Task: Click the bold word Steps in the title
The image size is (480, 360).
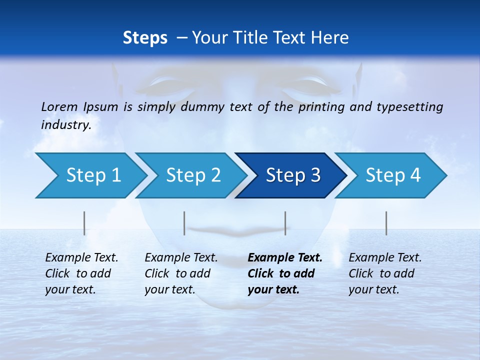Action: [145, 38]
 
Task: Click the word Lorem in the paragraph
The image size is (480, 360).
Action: [58, 106]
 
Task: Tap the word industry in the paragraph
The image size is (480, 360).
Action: [66, 125]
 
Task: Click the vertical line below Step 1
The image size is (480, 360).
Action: [84, 223]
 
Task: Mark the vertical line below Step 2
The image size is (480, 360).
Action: [184, 223]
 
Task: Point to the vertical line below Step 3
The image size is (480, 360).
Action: [285, 223]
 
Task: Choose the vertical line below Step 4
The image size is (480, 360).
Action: [386, 223]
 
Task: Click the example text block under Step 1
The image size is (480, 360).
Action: [81, 273]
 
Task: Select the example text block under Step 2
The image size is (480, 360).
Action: [181, 273]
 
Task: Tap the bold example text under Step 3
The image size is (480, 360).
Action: [285, 273]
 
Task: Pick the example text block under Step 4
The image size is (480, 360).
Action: [385, 273]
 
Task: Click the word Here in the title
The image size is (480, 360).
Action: [332, 38]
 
